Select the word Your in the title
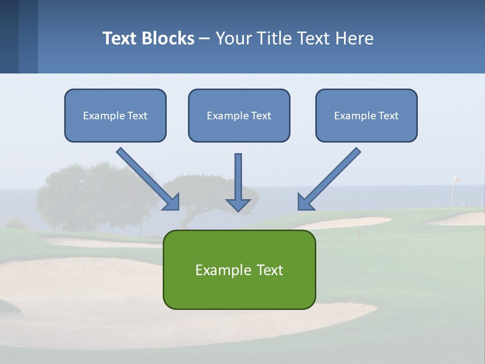point(233,38)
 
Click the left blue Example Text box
point(115,115)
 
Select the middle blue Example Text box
point(239,115)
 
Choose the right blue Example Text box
point(366,115)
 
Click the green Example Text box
point(239,269)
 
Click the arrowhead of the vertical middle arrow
point(238,204)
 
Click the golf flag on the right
point(456,179)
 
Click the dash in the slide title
point(205,38)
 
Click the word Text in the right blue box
point(389,115)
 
